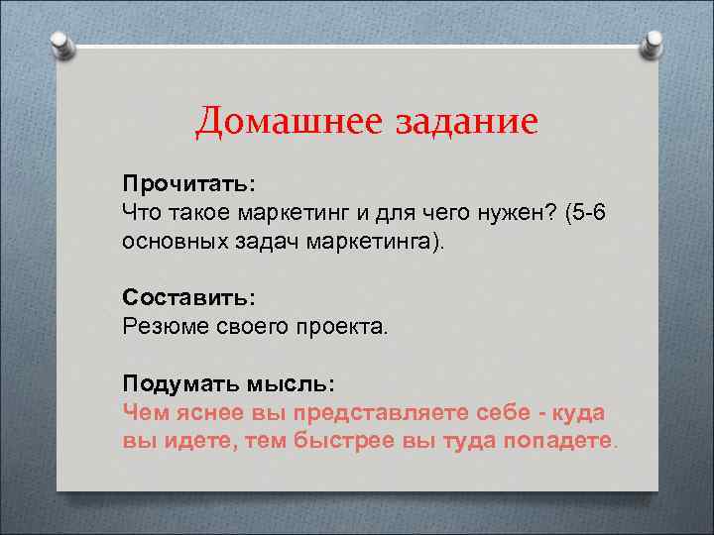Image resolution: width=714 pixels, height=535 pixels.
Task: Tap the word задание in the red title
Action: (x=467, y=123)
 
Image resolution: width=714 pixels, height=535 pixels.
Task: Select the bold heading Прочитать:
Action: (x=188, y=184)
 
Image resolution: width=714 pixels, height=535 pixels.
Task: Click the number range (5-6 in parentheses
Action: (x=579, y=212)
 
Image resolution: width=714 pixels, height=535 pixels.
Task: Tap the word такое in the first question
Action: (x=208, y=212)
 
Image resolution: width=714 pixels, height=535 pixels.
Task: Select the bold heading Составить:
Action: (x=188, y=297)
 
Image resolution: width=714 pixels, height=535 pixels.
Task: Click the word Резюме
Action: (x=164, y=325)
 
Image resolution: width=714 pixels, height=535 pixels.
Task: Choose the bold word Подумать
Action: (x=176, y=382)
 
